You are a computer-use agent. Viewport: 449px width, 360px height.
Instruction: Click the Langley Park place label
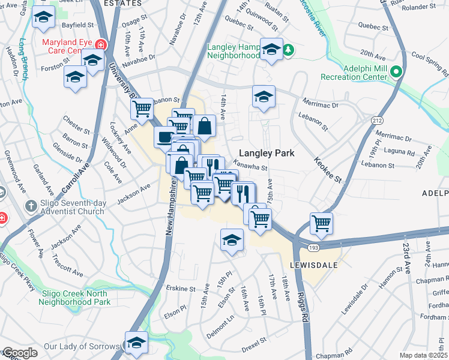coord(267,153)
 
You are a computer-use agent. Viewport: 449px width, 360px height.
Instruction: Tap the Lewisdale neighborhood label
coord(311,264)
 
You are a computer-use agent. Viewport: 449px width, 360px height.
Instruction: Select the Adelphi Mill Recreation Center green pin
coord(396,73)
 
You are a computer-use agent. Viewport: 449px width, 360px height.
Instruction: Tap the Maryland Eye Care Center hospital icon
coord(100,44)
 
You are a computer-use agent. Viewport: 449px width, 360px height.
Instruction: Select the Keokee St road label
coord(327,170)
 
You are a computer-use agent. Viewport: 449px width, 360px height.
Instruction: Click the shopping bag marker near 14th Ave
coord(204,126)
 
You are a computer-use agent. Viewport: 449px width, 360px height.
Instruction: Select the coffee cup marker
coord(164,137)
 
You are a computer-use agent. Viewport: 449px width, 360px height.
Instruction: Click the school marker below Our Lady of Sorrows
coord(136,342)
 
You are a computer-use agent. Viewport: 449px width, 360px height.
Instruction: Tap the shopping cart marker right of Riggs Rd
coord(322,223)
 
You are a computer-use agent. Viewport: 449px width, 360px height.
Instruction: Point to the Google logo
coord(19,353)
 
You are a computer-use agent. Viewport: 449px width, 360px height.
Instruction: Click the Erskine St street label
coord(181,289)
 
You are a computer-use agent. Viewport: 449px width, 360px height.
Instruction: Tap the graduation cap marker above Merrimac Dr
coord(264,96)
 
